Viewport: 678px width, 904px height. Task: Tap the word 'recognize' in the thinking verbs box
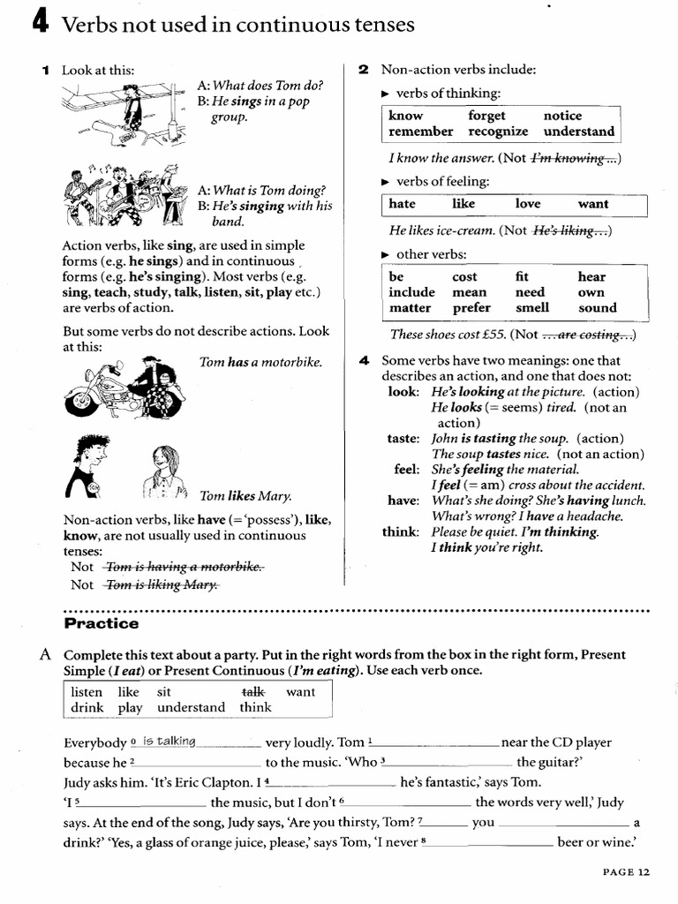click(x=498, y=132)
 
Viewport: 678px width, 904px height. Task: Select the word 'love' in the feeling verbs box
click(x=528, y=204)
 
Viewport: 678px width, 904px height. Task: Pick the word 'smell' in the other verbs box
click(x=531, y=308)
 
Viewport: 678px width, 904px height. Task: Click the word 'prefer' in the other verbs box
click(x=471, y=308)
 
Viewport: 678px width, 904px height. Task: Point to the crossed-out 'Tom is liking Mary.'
click(x=162, y=584)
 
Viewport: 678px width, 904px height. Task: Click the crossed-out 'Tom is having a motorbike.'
click(x=184, y=567)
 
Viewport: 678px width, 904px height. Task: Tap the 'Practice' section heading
click(x=102, y=623)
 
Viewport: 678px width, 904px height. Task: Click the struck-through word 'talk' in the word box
click(x=252, y=692)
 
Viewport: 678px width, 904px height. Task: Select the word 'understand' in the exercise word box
click(x=191, y=707)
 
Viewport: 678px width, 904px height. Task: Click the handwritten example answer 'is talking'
click(x=169, y=742)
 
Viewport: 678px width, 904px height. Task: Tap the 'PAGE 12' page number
click(x=626, y=872)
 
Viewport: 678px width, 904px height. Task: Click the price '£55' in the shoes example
click(x=493, y=335)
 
